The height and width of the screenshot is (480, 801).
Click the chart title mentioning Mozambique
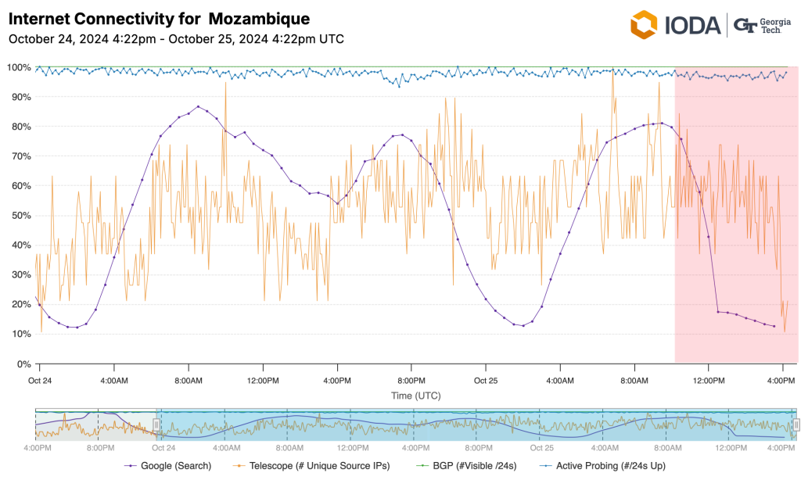pyautogui.click(x=159, y=18)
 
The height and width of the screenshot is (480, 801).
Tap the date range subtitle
pyautogui.click(x=176, y=39)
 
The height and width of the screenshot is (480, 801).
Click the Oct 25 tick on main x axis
pyautogui.click(x=485, y=381)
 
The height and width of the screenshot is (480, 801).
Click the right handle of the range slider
pyautogui.click(x=796, y=424)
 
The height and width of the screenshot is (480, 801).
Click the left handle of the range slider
pyautogui.click(x=156, y=424)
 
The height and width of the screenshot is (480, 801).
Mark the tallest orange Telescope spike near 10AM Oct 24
pyautogui.click(x=225, y=83)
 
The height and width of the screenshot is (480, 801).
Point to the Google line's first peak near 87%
pyautogui.click(x=198, y=106)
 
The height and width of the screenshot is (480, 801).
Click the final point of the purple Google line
pyautogui.click(x=774, y=326)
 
